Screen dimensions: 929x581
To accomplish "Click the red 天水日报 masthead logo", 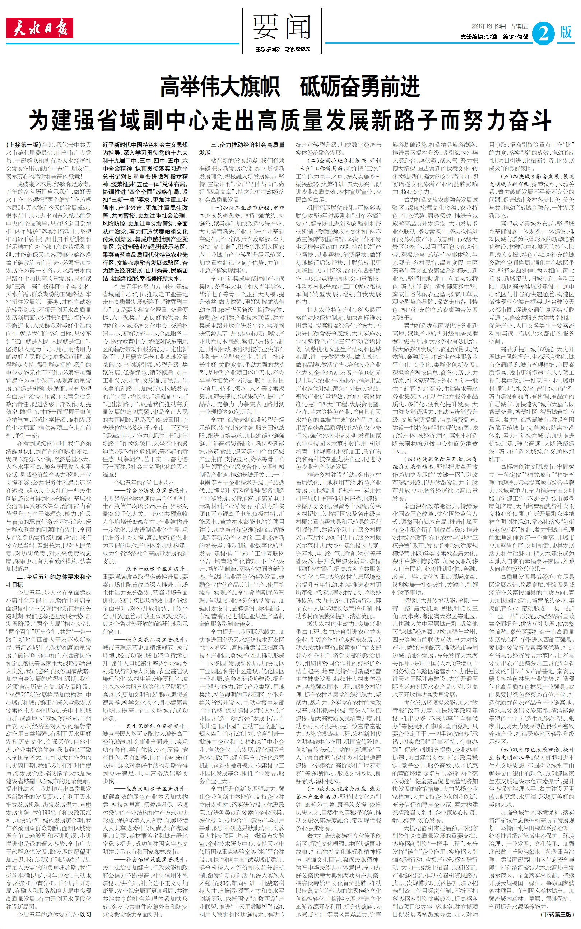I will pyautogui.click(x=39, y=28).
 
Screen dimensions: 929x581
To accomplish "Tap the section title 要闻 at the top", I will pyautogui.click(x=281, y=27).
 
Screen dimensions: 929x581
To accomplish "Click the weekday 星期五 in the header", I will pyautogui.click(x=520, y=27).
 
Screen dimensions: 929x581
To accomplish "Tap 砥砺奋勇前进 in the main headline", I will pyautogui.click(x=359, y=87).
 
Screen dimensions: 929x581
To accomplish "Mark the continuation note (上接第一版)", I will pyautogui.click(x=23, y=145).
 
